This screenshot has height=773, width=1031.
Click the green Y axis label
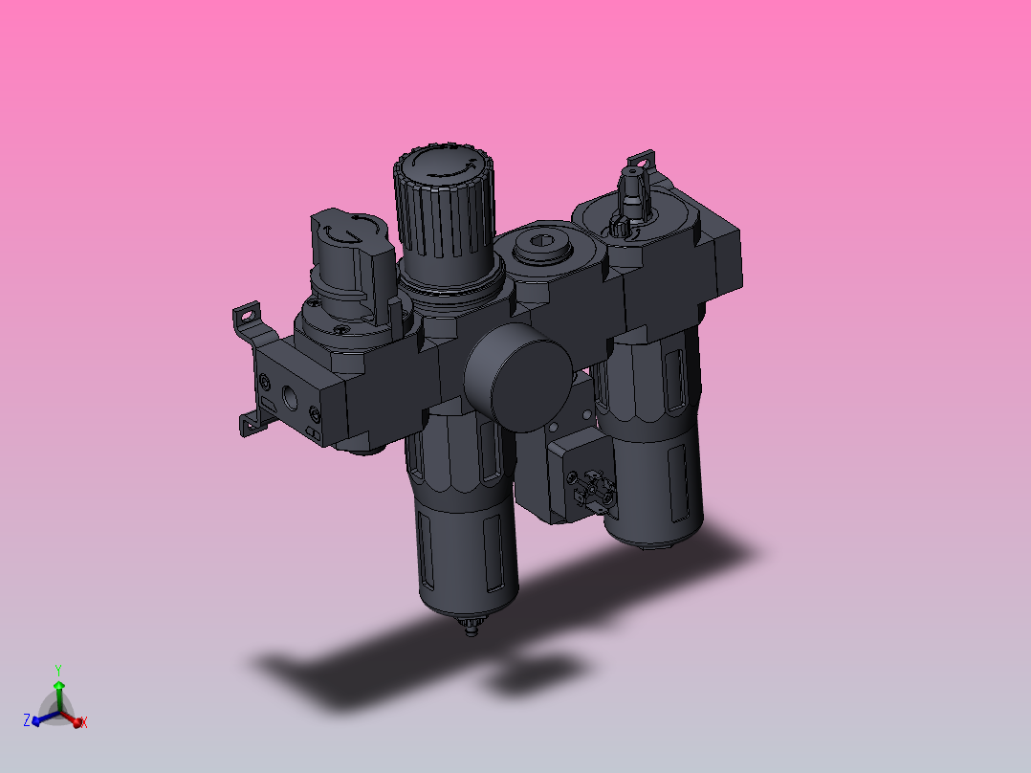tap(58, 670)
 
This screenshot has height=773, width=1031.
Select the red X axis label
tap(84, 722)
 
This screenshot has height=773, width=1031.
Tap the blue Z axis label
tap(26, 719)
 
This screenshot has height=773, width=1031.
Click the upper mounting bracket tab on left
tap(249, 313)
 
